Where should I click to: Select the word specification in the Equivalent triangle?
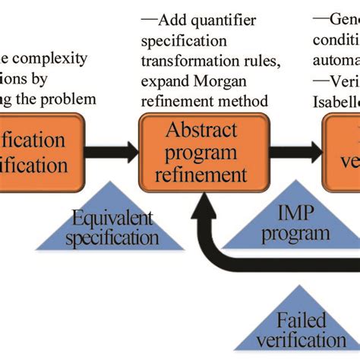pos(112,238)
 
